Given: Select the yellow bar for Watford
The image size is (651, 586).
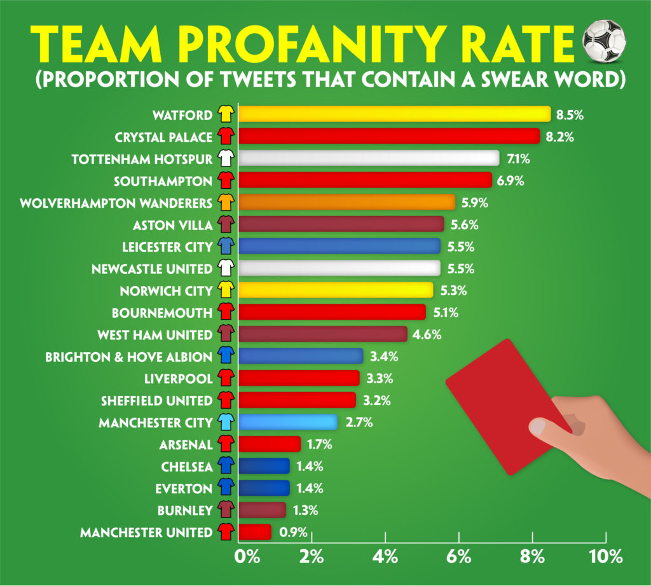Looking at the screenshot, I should (394, 114).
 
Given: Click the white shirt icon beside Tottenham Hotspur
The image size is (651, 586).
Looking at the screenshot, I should (225, 158).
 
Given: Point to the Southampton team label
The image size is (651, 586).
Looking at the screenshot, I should (163, 181).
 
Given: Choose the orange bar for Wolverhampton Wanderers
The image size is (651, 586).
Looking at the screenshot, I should (347, 202).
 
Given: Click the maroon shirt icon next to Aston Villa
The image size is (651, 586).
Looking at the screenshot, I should (225, 224).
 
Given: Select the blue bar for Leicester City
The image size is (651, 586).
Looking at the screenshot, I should (339, 246).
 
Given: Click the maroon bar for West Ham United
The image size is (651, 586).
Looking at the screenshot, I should (323, 334).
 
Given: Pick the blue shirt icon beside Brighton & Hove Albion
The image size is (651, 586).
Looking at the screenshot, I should (225, 357).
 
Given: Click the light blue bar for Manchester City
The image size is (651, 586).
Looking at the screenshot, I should (288, 422).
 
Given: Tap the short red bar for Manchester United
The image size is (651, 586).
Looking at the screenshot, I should (255, 532).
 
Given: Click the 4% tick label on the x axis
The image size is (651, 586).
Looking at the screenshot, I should (386, 557).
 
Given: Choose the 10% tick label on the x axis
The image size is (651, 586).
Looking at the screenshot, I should (606, 557).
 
